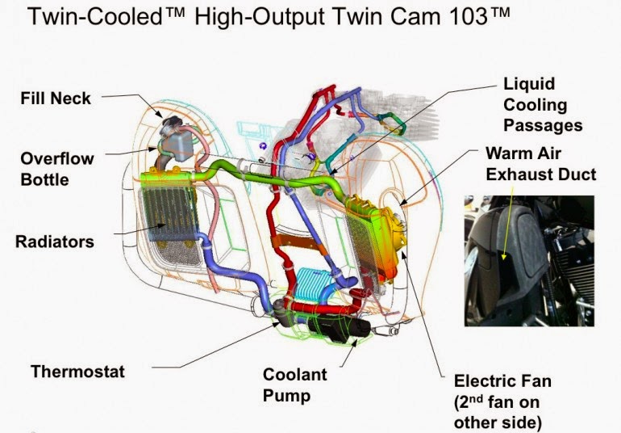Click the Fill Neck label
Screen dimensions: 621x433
click(x=56, y=98)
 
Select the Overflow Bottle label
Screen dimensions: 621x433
click(x=57, y=169)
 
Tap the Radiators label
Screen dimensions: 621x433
click(x=55, y=242)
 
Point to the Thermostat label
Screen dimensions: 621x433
click(x=77, y=372)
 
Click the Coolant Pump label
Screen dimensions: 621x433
click(x=295, y=385)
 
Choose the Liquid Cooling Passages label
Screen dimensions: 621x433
click(x=543, y=105)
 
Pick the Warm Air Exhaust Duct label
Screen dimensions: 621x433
click(x=541, y=164)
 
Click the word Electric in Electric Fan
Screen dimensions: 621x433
click(x=482, y=381)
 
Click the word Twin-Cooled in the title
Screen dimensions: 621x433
click(x=95, y=17)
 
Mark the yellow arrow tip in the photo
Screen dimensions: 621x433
click(x=503, y=259)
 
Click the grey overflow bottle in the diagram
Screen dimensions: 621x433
click(x=178, y=145)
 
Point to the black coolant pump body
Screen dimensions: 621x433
click(x=339, y=328)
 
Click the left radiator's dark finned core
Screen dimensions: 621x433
click(x=169, y=213)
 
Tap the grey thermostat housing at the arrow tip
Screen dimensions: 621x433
click(x=278, y=311)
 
